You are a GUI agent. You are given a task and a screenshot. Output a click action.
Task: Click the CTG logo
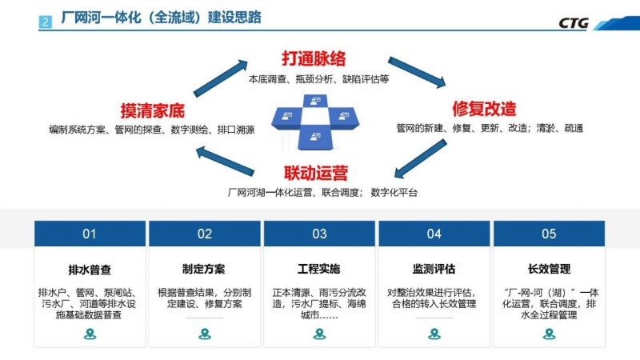574,23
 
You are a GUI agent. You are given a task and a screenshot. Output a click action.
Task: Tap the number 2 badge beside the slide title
46,22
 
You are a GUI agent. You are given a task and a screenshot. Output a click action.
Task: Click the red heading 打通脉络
314,58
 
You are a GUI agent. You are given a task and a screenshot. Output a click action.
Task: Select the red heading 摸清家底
152,110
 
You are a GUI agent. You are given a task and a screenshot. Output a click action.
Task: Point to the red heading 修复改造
484,109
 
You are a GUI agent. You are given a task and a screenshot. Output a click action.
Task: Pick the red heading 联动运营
316,173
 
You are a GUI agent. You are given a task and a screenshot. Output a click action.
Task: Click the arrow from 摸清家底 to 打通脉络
221,78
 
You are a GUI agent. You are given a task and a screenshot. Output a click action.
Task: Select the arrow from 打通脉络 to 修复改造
417,72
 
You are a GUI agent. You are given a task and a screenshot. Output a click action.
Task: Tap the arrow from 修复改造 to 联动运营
421,158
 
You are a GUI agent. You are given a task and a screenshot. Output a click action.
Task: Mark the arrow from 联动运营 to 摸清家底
225,162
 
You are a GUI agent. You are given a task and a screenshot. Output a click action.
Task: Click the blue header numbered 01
90,234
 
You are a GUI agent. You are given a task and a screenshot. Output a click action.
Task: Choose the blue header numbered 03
319,234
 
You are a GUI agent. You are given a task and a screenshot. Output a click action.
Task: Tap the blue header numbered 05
549,234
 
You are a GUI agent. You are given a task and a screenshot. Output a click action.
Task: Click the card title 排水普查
90,270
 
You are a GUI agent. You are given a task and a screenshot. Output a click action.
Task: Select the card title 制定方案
204,269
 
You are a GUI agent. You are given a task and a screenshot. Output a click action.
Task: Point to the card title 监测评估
434,269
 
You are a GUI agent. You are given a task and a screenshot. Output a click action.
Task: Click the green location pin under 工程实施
319,334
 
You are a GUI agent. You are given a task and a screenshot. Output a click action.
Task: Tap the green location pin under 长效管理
550,334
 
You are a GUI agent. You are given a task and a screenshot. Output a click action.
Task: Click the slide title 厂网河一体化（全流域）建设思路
162,18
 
